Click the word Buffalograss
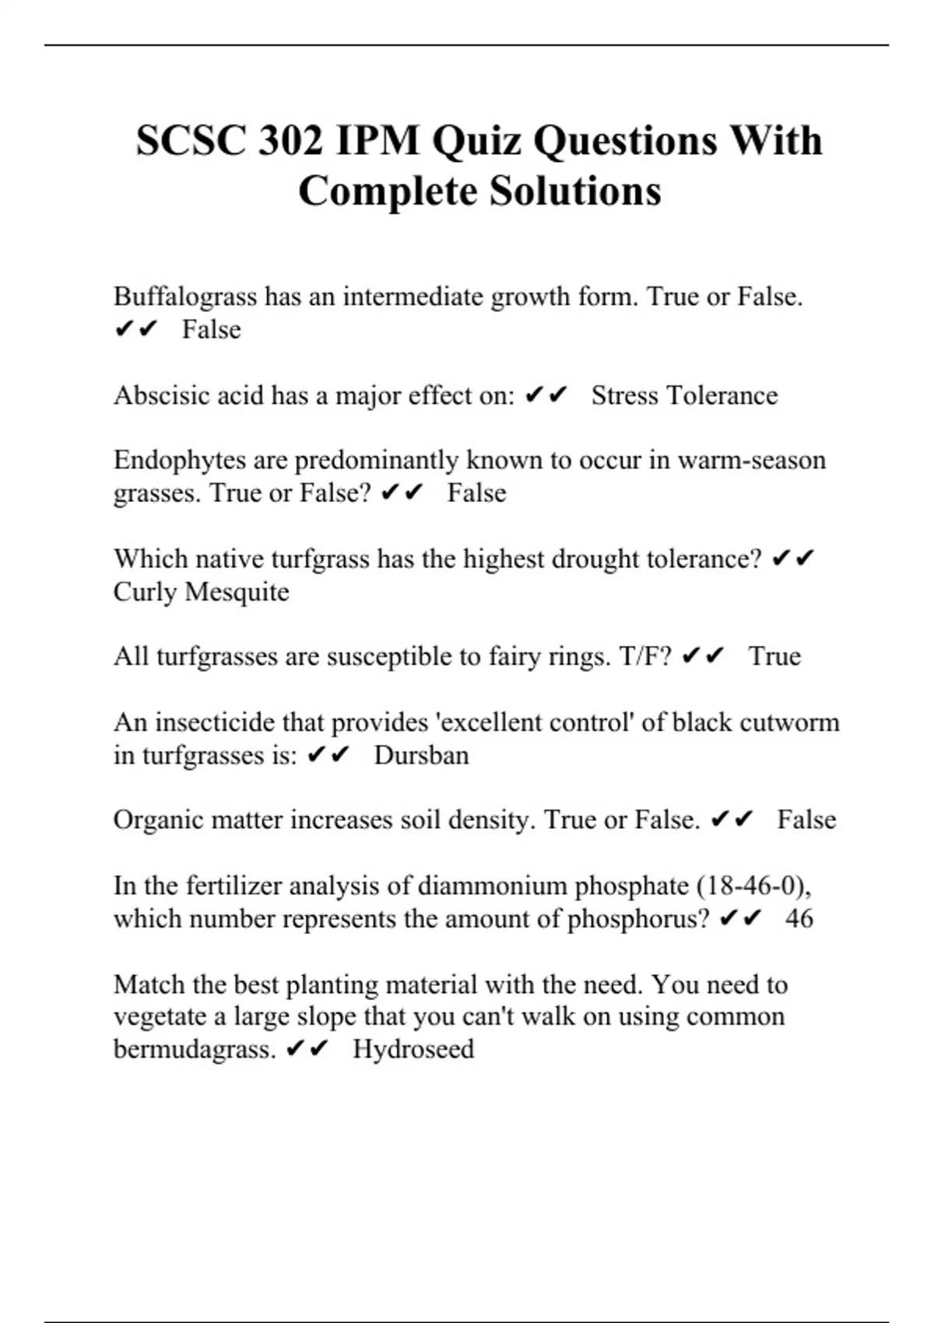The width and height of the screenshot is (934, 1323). tap(185, 297)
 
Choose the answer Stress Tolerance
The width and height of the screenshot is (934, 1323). tap(684, 395)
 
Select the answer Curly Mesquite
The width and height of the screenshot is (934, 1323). tap(201, 591)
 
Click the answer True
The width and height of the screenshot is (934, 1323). tap(774, 656)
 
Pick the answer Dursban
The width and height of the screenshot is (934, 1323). tap(421, 755)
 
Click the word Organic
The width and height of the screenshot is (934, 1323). tap(158, 819)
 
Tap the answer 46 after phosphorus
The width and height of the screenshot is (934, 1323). tap(799, 918)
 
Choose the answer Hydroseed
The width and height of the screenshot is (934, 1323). tap(413, 1049)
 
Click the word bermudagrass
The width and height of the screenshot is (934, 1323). tap(195, 1049)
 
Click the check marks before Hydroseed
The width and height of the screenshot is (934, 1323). tap(308, 1049)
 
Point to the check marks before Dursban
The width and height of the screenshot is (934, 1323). tap(329, 755)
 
